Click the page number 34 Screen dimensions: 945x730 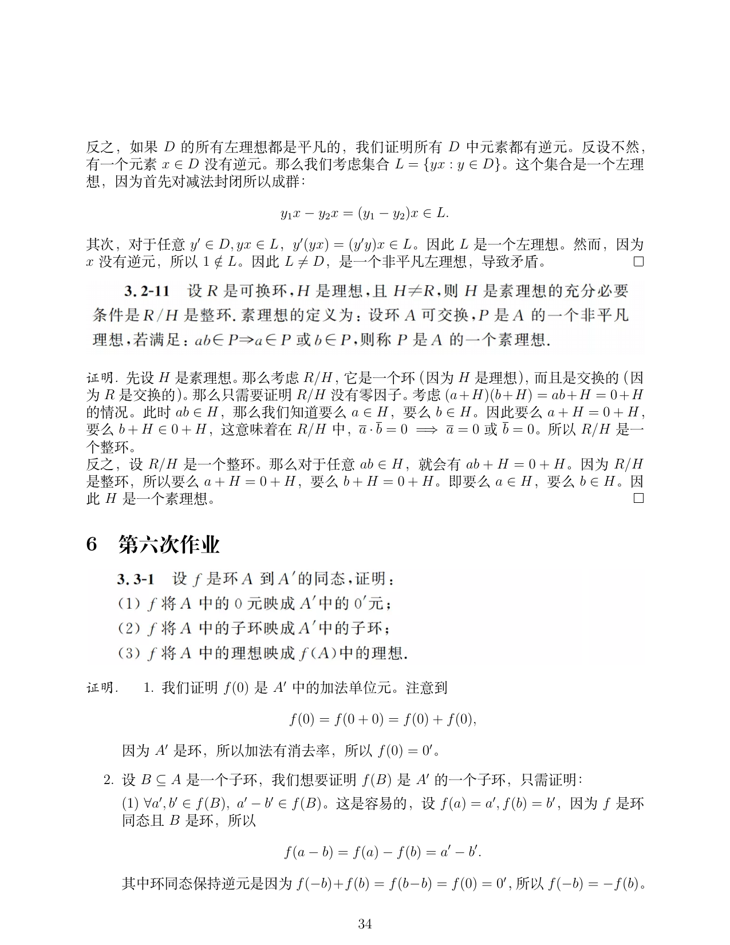[x=365, y=923]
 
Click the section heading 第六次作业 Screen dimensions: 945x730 [x=169, y=544]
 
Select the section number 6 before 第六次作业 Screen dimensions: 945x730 [x=92, y=544]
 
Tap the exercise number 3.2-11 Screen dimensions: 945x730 [x=147, y=291]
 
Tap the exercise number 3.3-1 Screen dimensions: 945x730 [x=136, y=579]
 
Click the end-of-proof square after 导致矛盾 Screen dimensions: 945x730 [x=638, y=262]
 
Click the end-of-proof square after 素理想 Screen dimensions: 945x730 [x=638, y=498]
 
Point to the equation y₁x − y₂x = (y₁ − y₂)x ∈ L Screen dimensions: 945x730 [x=365, y=214]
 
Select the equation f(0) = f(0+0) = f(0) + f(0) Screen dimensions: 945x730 [x=383, y=719]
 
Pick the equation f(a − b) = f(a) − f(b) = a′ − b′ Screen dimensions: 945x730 [x=383, y=852]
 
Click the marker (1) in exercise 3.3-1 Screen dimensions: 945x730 [x=129, y=604]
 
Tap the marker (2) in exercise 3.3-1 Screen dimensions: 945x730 [x=129, y=628]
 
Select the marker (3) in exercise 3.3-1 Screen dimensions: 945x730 [x=129, y=653]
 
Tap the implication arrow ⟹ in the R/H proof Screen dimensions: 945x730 [x=427, y=430]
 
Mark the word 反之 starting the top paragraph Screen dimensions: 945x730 [x=100, y=147]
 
